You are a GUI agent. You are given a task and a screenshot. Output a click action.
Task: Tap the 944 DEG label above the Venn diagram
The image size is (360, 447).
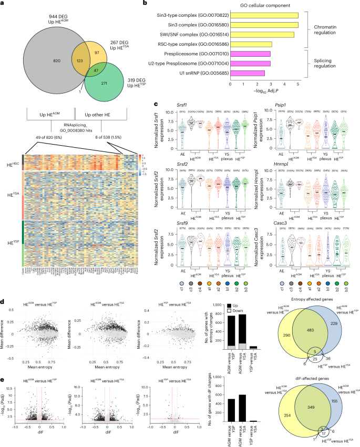(46, 6)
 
